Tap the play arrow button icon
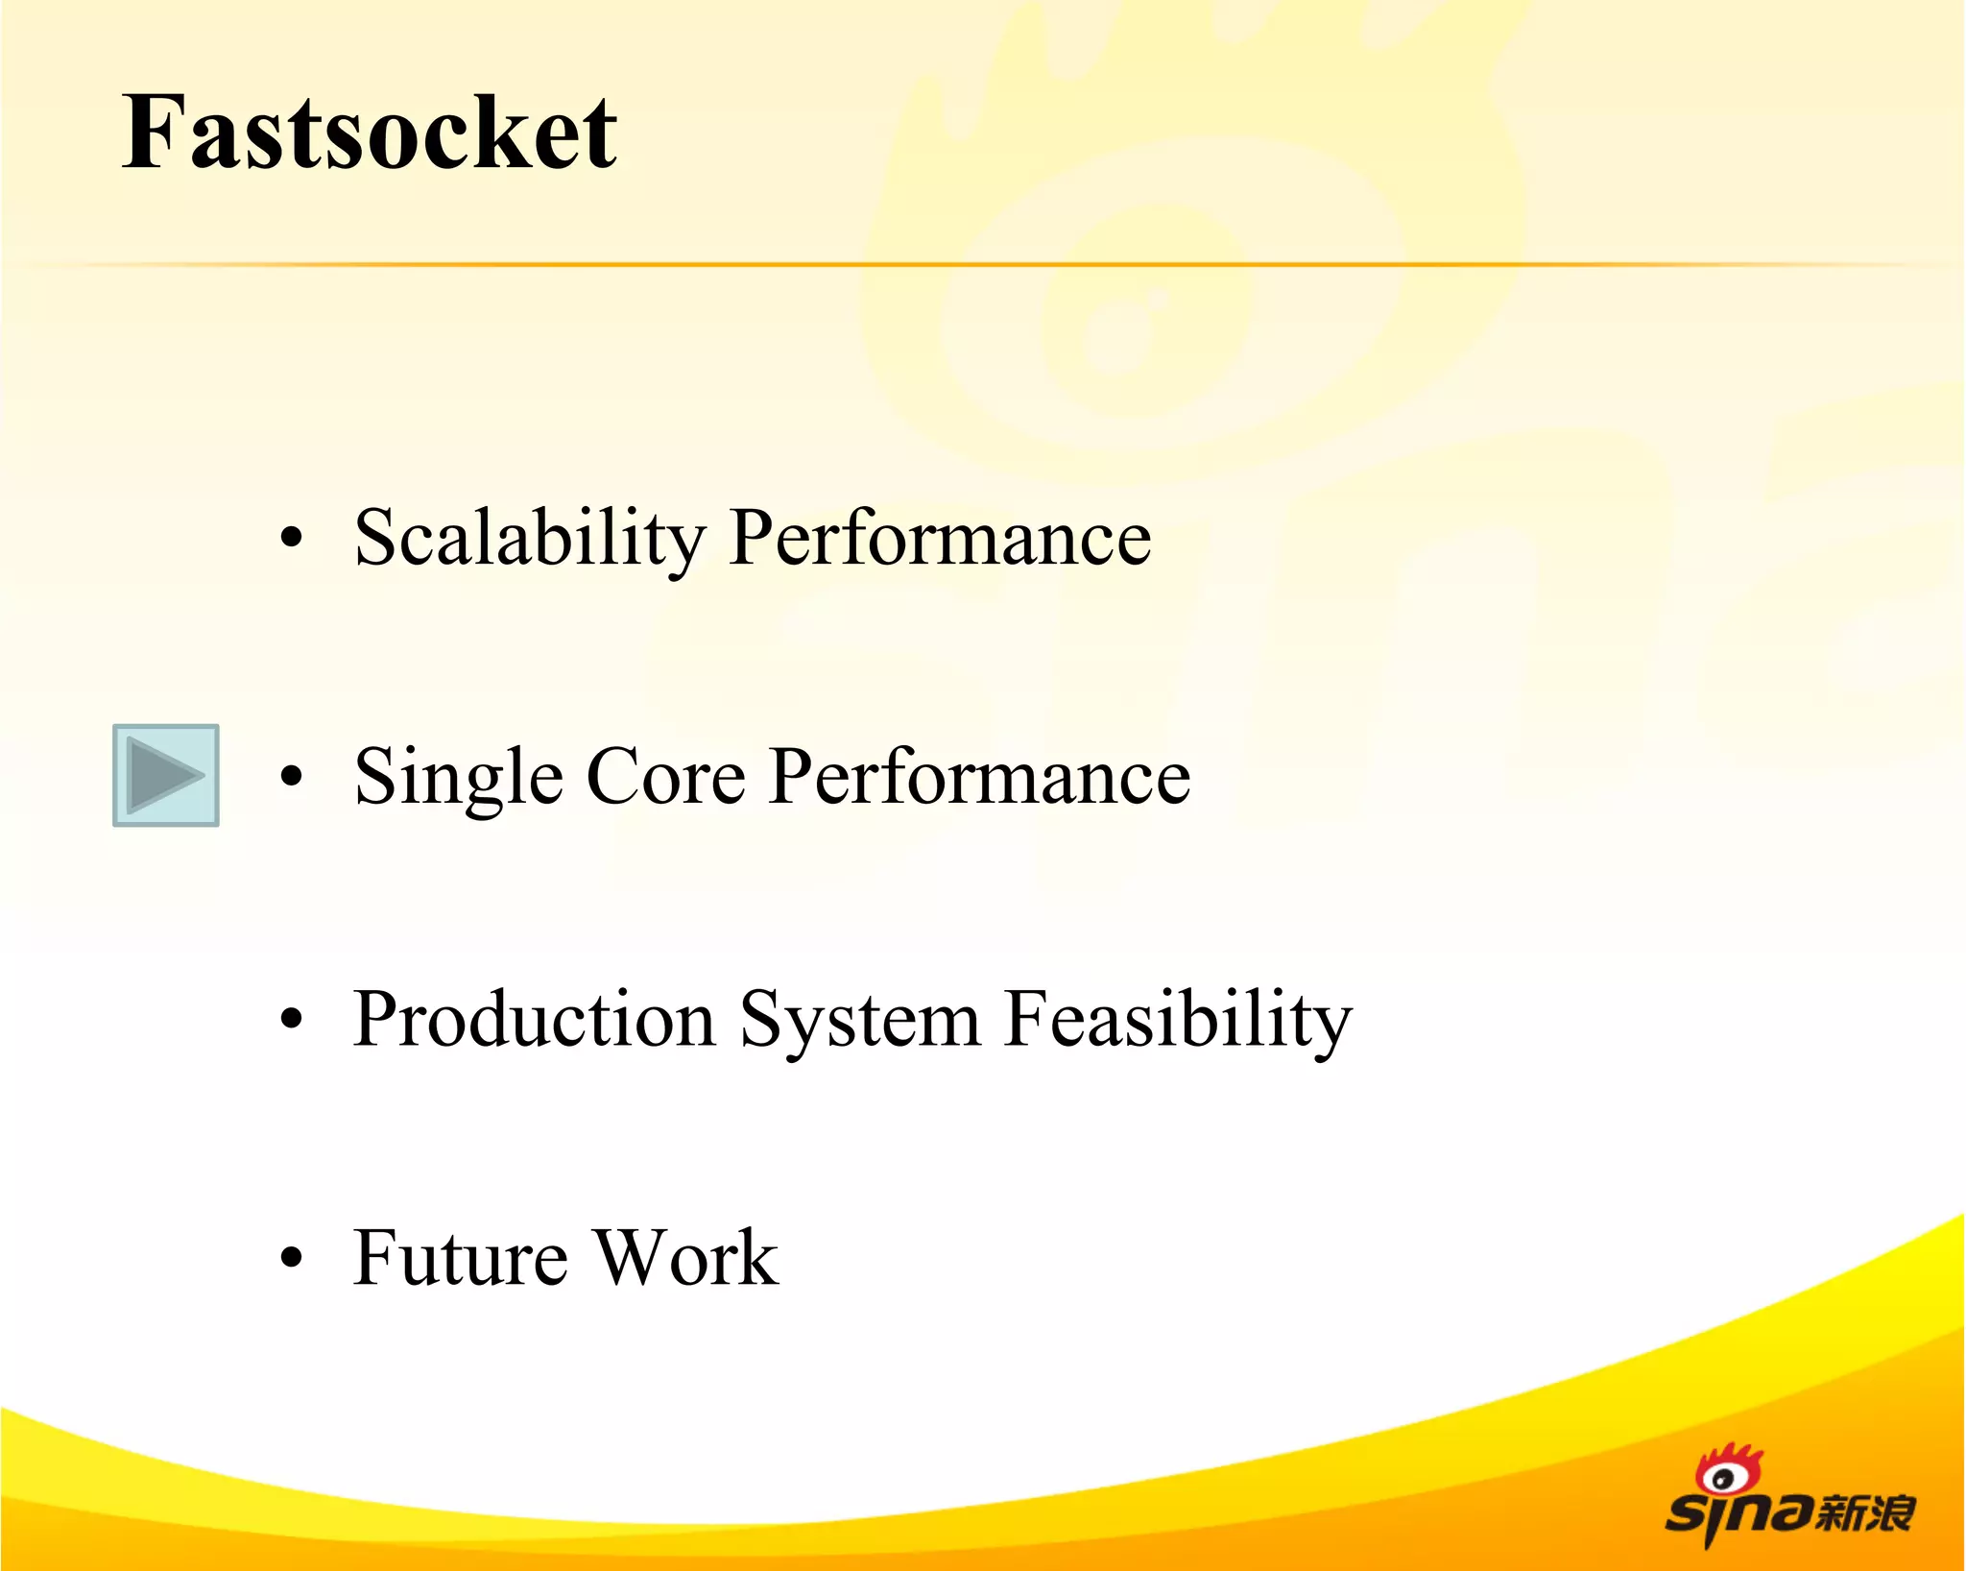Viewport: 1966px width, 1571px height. point(166,775)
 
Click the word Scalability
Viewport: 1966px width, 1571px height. point(530,539)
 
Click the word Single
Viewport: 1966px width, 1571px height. point(458,778)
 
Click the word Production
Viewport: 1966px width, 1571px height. point(534,1019)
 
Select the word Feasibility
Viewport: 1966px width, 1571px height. point(1178,1020)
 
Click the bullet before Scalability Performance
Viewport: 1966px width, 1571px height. point(291,538)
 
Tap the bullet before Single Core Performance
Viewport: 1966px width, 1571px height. point(291,776)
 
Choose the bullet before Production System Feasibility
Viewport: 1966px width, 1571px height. point(291,1019)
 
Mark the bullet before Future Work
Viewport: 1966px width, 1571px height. point(291,1257)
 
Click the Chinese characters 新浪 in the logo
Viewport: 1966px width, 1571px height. point(1865,1514)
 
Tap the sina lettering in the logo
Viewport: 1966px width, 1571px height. point(1738,1515)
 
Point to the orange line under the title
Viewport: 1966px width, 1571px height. point(983,264)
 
